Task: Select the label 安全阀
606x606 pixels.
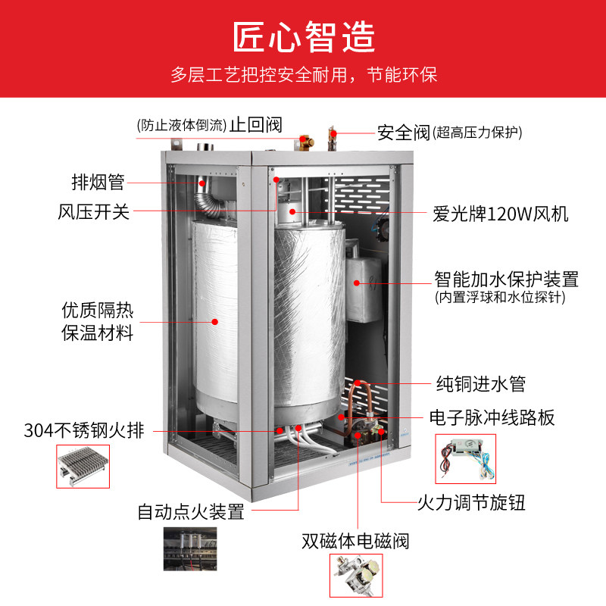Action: [x=404, y=133]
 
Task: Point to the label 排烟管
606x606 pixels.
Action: [x=97, y=183]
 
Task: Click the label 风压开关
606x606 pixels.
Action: [x=94, y=211]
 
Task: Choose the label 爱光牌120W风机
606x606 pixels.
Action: [x=500, y=214]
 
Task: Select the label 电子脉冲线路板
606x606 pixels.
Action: [x=492, y=417]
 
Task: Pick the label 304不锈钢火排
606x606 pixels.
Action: [x=83, y=430]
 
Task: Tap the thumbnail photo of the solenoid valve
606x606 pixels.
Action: [x=356, y=577]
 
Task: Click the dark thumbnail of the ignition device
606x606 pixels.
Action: [x=190, y=548]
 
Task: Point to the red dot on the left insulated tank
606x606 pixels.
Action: [x=214, y=321]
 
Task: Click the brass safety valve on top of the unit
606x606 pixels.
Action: [x=332, y=139]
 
